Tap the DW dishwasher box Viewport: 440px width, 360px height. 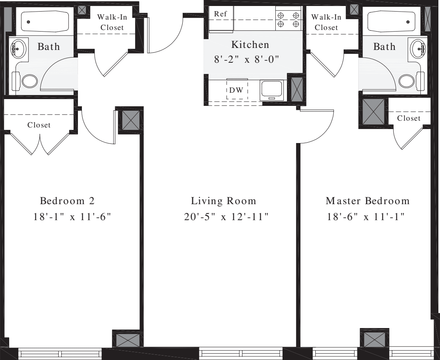(237, 90)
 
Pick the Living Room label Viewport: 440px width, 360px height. (223, 201)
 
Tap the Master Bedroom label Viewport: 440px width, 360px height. (368, 201)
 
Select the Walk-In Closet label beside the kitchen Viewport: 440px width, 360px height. (326, 22)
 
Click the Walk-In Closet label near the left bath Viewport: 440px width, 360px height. (111, 22)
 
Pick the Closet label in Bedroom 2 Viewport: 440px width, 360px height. (39, 125)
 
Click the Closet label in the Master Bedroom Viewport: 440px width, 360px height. (409, 118)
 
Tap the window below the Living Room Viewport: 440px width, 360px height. (241, 354)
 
